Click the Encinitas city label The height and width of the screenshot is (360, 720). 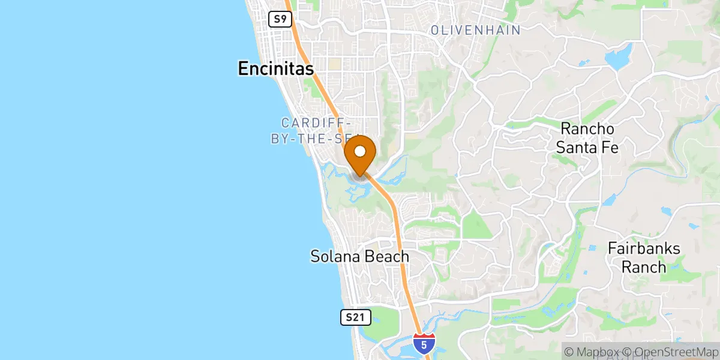coord(275,69)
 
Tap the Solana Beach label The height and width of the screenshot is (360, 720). coord(359,257)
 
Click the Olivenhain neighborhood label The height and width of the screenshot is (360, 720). coord(475,30)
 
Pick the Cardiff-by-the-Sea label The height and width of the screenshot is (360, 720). coord(312,130)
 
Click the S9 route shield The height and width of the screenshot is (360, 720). coord(280,19)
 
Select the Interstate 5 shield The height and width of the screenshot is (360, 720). coord(425,343)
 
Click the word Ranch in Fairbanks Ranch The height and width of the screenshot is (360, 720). coord(644,267)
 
